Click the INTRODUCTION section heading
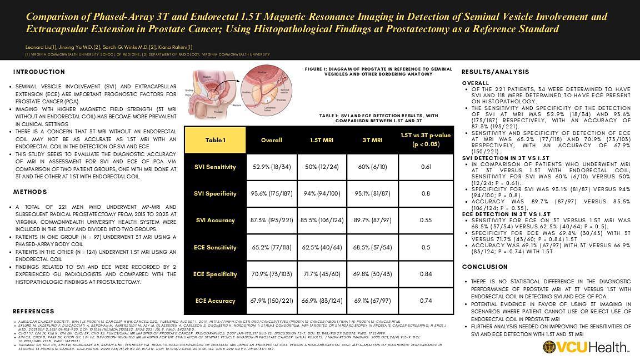(39, 72)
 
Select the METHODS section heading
(30, 192)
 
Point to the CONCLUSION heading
(484, 267)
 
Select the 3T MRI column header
(373, 140)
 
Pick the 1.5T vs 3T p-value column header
(426, 140)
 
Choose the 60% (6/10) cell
(373, 167)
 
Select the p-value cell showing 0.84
(426, 274)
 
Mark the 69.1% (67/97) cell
(373, 301)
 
